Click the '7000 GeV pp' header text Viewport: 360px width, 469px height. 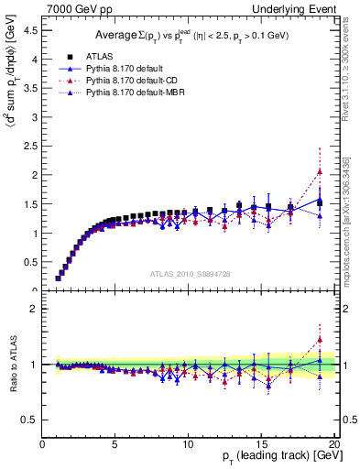pyautogui.click(x=74, y=8)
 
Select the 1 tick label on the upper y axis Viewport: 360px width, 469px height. pyautogui.click(x=36, y=233)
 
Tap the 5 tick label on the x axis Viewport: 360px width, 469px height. pyautogui.click(x=115, y=445)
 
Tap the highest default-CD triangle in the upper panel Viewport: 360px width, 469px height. pyautogui.click(x=320, y=171)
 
